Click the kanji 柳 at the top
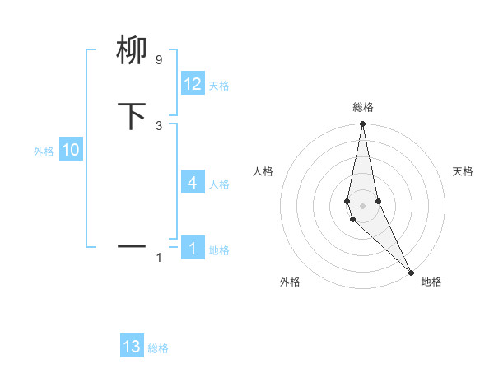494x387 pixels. [x=132, y=51]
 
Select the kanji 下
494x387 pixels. [x=132, y=116]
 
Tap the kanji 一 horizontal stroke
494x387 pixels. [x=132, y=245]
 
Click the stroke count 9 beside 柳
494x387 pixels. [x=158, y=60]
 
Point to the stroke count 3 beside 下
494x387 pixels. [x=158, y=125]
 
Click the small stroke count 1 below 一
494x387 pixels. [x=159, y=258]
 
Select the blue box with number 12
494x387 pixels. [x=193, y=84]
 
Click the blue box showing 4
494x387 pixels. [x=193, y=183]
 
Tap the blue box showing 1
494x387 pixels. [x=193, y=248]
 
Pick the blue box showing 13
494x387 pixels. [x=132, y=347]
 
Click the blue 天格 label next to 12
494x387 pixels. [x=219, y=86]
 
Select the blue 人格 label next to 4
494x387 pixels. [x=219, y=184]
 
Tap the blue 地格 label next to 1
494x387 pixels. [x=219, y=249]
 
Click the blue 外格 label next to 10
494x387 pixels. [x=44, y=152]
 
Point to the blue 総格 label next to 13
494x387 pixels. [x=158, y=348]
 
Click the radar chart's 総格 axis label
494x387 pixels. [x=362, y=107]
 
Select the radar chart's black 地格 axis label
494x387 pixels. [x=431, y=282]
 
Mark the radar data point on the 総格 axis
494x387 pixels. [x=362, y=124]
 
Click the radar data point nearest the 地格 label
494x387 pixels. [x=411, y=271]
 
